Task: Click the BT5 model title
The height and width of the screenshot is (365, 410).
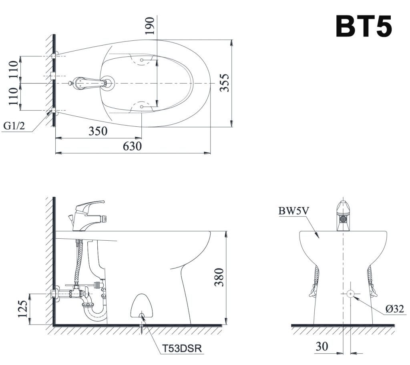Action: pyautogui.click(x=364, y=26)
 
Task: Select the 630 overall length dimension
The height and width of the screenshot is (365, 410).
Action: pyautogui.click(x=132, y=146)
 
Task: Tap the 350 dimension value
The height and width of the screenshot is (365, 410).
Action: pyautogui.click(x=98, y=131)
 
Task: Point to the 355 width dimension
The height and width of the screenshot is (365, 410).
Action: pyautogui.click(x=226, y=83)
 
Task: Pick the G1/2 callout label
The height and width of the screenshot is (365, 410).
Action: pyautogui.click(x=14, y=126)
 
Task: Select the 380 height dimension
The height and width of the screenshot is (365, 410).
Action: pyautogui.click(x=219, y=277)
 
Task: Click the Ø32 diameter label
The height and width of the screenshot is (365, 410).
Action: pyautogui.click(x=394, y=308)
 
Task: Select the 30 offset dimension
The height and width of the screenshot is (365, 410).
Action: pyautogui.click(x=322, y=346)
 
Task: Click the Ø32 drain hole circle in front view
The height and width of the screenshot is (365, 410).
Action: pyautogui.click(x=350, y=294)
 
